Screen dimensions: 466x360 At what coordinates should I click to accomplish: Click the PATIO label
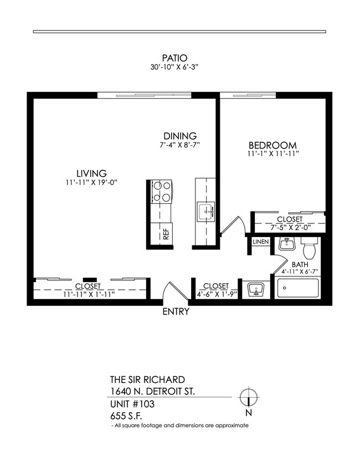point(175,57)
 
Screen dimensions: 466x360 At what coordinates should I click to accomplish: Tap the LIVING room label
point(91,172)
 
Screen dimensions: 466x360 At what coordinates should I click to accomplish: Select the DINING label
point(179,136)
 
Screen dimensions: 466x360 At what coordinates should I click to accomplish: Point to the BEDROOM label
point(274,145)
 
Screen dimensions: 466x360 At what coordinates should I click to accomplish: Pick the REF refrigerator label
point(166,234)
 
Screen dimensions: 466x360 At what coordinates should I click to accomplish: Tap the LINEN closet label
point(260,242)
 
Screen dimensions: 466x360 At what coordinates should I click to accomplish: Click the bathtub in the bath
point(298,289)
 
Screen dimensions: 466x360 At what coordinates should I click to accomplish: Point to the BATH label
point(300,264)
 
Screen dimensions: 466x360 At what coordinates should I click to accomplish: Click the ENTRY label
point(176,311)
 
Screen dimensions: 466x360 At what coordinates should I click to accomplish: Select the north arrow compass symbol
point(250,397)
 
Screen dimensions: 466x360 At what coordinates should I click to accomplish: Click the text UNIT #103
point(132,404)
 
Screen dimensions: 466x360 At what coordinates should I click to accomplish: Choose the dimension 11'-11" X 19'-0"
point(91,182)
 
